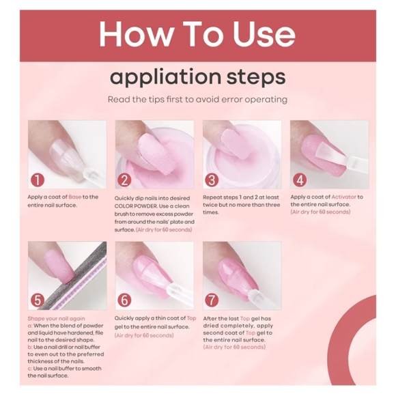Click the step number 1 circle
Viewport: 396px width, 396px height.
point(38,180)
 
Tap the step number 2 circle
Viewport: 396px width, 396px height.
point(124,180)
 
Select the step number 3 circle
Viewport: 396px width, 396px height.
point(212,180)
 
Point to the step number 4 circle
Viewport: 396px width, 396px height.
point(300,180)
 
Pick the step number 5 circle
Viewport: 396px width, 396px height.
point(38,300)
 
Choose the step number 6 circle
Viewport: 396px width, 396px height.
point(124,300)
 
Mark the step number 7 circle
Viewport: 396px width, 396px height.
point(212,300)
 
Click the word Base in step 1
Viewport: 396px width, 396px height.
point(74,197)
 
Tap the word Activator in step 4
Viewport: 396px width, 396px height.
point(343,197)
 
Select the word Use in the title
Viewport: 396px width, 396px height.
point(264,34)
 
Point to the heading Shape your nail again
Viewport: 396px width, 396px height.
point(56,318)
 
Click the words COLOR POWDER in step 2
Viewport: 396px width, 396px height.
point(136,206)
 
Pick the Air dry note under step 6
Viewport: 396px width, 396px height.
point(144,335)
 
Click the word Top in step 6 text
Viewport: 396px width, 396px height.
point(191,318)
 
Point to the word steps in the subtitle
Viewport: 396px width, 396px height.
point(256,77)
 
